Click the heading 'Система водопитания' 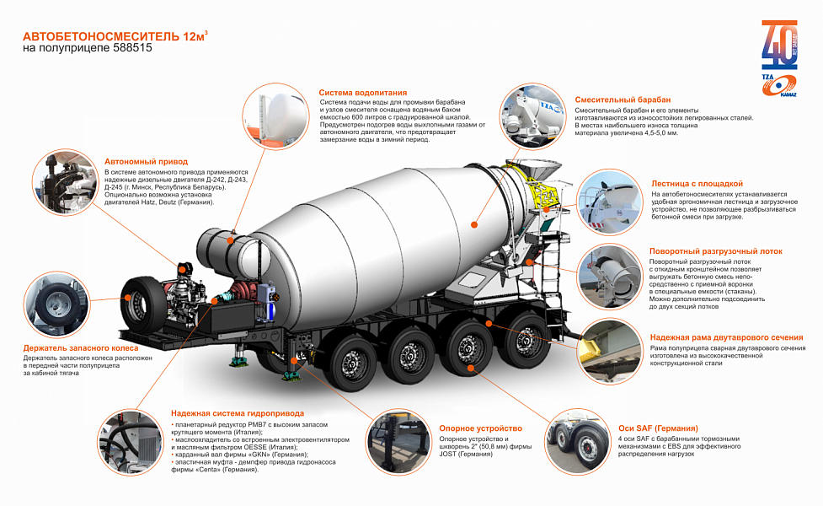[363, 93]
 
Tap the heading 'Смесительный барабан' [623, 100]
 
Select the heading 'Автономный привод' [146, 162]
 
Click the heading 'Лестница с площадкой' [697, 184]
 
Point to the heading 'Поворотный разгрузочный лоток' [716, 251]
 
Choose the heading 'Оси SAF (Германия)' [658, 428]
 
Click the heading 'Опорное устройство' [481, 428]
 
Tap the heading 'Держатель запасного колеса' [81, 347]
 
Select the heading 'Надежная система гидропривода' [238, 413]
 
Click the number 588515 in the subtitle [132, 48]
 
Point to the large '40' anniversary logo [779, 46]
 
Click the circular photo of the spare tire [56, 305]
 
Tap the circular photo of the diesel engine [65, 182]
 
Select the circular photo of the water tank [276, 116]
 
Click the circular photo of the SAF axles [577, 443]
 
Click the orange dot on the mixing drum [474, 224]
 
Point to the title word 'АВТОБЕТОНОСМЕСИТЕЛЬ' [101, 37]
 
